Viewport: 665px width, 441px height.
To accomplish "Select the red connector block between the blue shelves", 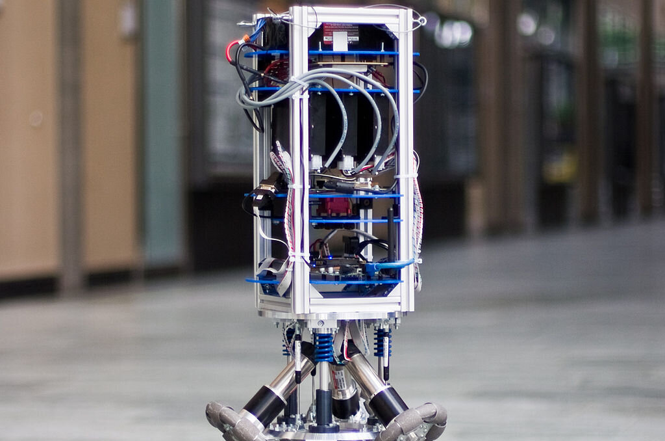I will (x=337, y=206).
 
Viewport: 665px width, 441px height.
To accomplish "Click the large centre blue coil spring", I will (x=323, y=346).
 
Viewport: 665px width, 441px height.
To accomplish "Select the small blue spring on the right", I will (x=382, y=342).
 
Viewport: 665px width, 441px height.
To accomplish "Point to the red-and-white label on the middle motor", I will (x=338, y=377).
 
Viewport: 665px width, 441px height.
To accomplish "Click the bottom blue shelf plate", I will (x=325, y=282).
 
